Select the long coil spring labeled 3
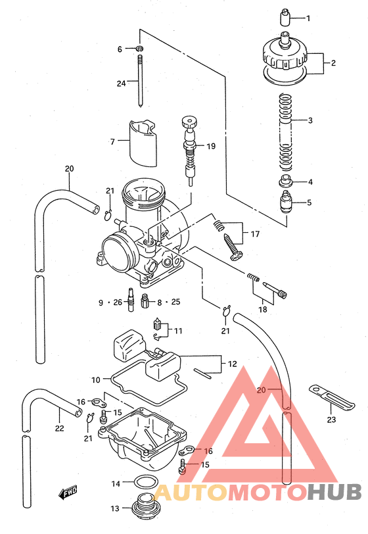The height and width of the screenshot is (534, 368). tap(284, 131)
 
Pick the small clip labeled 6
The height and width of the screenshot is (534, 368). tap(140, 49)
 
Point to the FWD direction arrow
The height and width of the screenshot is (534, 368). tap(67, 491)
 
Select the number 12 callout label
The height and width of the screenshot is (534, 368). tap(232, 363)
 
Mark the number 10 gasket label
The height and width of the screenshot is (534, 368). tap(95, 379)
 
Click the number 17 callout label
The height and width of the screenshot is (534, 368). tap(254, 233)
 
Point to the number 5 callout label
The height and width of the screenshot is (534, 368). tap(309, 203)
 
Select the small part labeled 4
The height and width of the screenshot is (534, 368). tap(285, 182)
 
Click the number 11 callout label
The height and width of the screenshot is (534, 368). tap(178, 330)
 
